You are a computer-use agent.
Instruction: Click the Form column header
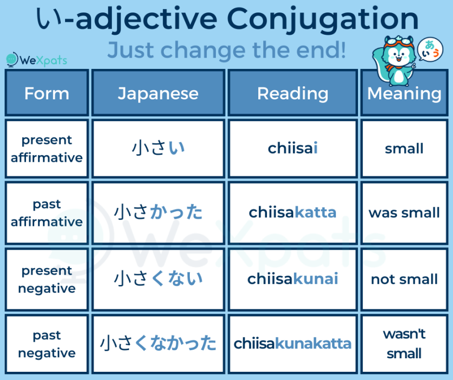tap(47, 93)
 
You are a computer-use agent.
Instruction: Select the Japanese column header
tap(158, 93)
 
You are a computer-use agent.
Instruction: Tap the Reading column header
tap(292, 93)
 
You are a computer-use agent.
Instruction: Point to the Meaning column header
tap(404, 93)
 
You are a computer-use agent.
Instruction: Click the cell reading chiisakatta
tap(292, 212)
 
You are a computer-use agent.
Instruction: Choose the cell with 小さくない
tap(158, 279)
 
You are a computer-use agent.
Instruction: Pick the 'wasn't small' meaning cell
tap(404, 344)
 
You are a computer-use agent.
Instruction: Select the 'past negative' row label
tap(47, 344)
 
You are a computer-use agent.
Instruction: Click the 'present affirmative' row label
tap(47, 149)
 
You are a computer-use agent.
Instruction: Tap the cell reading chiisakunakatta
tap(292, 344)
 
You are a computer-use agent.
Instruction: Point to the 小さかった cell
tap(158, 212)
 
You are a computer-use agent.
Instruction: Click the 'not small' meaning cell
tap(404, 279)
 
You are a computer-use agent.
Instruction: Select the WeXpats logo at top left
tap(36, 59)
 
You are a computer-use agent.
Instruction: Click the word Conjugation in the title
tap(323, 20)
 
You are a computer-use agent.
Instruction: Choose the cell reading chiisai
tap(292, 148)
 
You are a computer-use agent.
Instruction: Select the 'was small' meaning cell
tap(404, 212)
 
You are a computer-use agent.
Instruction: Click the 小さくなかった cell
tap(158, 344)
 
